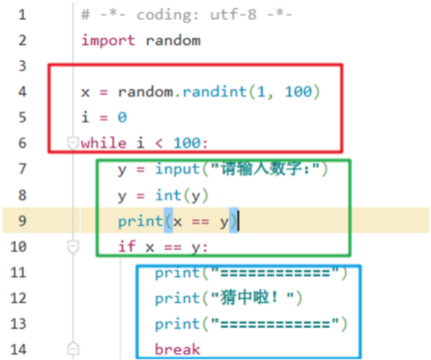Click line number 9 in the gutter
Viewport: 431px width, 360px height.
coord(23,220)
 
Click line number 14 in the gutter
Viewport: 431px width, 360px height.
coord(18,349)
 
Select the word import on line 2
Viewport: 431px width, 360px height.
coord(109,40)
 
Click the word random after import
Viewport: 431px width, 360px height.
coord(173,40)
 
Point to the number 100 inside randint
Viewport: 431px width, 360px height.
coord(298,91)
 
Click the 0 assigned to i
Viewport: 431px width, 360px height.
coord(122,117)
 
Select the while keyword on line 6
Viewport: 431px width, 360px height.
coord(103,143)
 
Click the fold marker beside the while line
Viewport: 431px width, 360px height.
coord(73,142)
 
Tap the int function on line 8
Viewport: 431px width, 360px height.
coord(168,195)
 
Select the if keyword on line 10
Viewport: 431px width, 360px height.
coord(127,246)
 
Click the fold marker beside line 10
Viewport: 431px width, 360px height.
coord(73,246)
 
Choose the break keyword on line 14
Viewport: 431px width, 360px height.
coord(177,349)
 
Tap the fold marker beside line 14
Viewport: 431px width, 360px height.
coord(73,348)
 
